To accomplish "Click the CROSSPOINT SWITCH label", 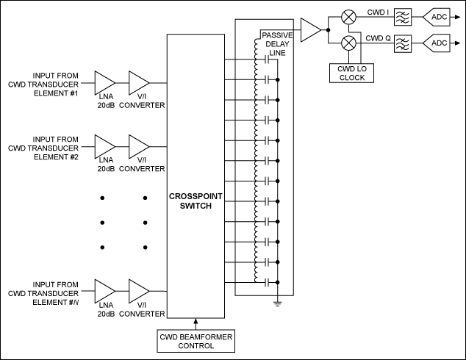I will [x=196, y=202].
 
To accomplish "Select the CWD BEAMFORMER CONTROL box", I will [x=196, y=341].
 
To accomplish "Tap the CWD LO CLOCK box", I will [x=351, y=73].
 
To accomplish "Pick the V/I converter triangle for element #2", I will [x=138, y=145].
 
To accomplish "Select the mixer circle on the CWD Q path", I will [x=350, y=43].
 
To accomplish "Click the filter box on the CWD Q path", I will [x=403, y=43].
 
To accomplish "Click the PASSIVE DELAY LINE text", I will [x=278, y=43].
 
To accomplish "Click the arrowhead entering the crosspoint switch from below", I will [x=196, y=321].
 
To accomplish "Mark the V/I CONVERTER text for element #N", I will [x=142, y=314].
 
